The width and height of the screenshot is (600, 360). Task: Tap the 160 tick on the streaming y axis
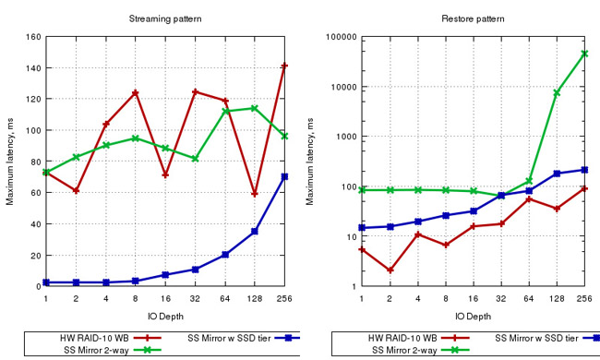(x=33, y=37)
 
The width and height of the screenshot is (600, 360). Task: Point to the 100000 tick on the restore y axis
(x=336, y=37)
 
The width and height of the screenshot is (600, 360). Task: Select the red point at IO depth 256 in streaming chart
(x=284, y=66)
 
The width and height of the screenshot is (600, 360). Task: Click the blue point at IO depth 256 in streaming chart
(x=284, y=176)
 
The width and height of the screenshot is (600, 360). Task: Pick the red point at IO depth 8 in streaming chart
(x=135, y=92)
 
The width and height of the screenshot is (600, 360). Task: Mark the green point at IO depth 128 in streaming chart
(x=255, y=108)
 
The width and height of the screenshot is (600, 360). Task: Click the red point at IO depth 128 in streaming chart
(x=255, y=194)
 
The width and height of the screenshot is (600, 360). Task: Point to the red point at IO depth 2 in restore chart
(x=390, y=270)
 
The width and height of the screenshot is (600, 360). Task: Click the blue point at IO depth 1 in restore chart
(x=363, y=227)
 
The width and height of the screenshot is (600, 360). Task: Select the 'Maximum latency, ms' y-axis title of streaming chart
(x=10, y=162)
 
